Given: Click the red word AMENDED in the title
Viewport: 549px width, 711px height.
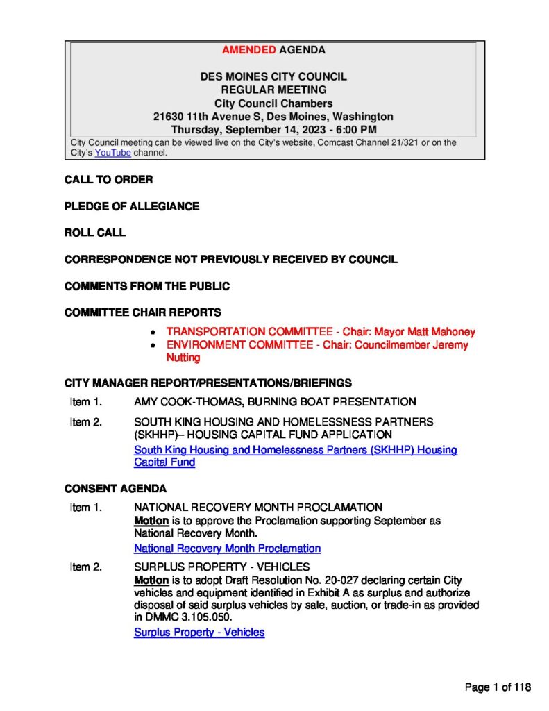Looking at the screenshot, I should click(x=249, y=50).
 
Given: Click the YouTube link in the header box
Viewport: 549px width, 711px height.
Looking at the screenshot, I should click(x=112, y=153).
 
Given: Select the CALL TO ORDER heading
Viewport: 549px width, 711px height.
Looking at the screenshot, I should click(x=108, y=180).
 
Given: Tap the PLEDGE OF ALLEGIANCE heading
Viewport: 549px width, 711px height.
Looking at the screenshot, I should click(x=132, y=206).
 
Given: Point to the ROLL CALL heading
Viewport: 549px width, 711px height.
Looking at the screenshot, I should click(x=95, y=233).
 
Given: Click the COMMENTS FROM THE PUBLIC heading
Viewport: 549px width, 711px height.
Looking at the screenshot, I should click(x=146, y=286).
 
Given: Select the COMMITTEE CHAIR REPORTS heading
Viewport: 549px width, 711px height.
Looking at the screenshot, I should click(x=143, y=312).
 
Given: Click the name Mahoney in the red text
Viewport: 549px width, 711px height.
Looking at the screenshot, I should click(x=453, y=332).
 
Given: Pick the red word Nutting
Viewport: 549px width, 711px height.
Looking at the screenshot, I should click(x=183, y=358).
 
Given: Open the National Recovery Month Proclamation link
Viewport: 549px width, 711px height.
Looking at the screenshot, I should click(x=227, y=549).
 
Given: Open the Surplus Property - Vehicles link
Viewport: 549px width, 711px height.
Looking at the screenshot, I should click(x=199, y=633).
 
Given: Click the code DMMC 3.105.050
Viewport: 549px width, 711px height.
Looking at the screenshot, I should click(x=191, y=617).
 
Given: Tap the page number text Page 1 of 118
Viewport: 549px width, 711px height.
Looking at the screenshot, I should click(x=498, y=687).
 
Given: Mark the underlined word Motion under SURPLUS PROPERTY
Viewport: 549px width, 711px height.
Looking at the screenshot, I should click(x=151, y=580).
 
